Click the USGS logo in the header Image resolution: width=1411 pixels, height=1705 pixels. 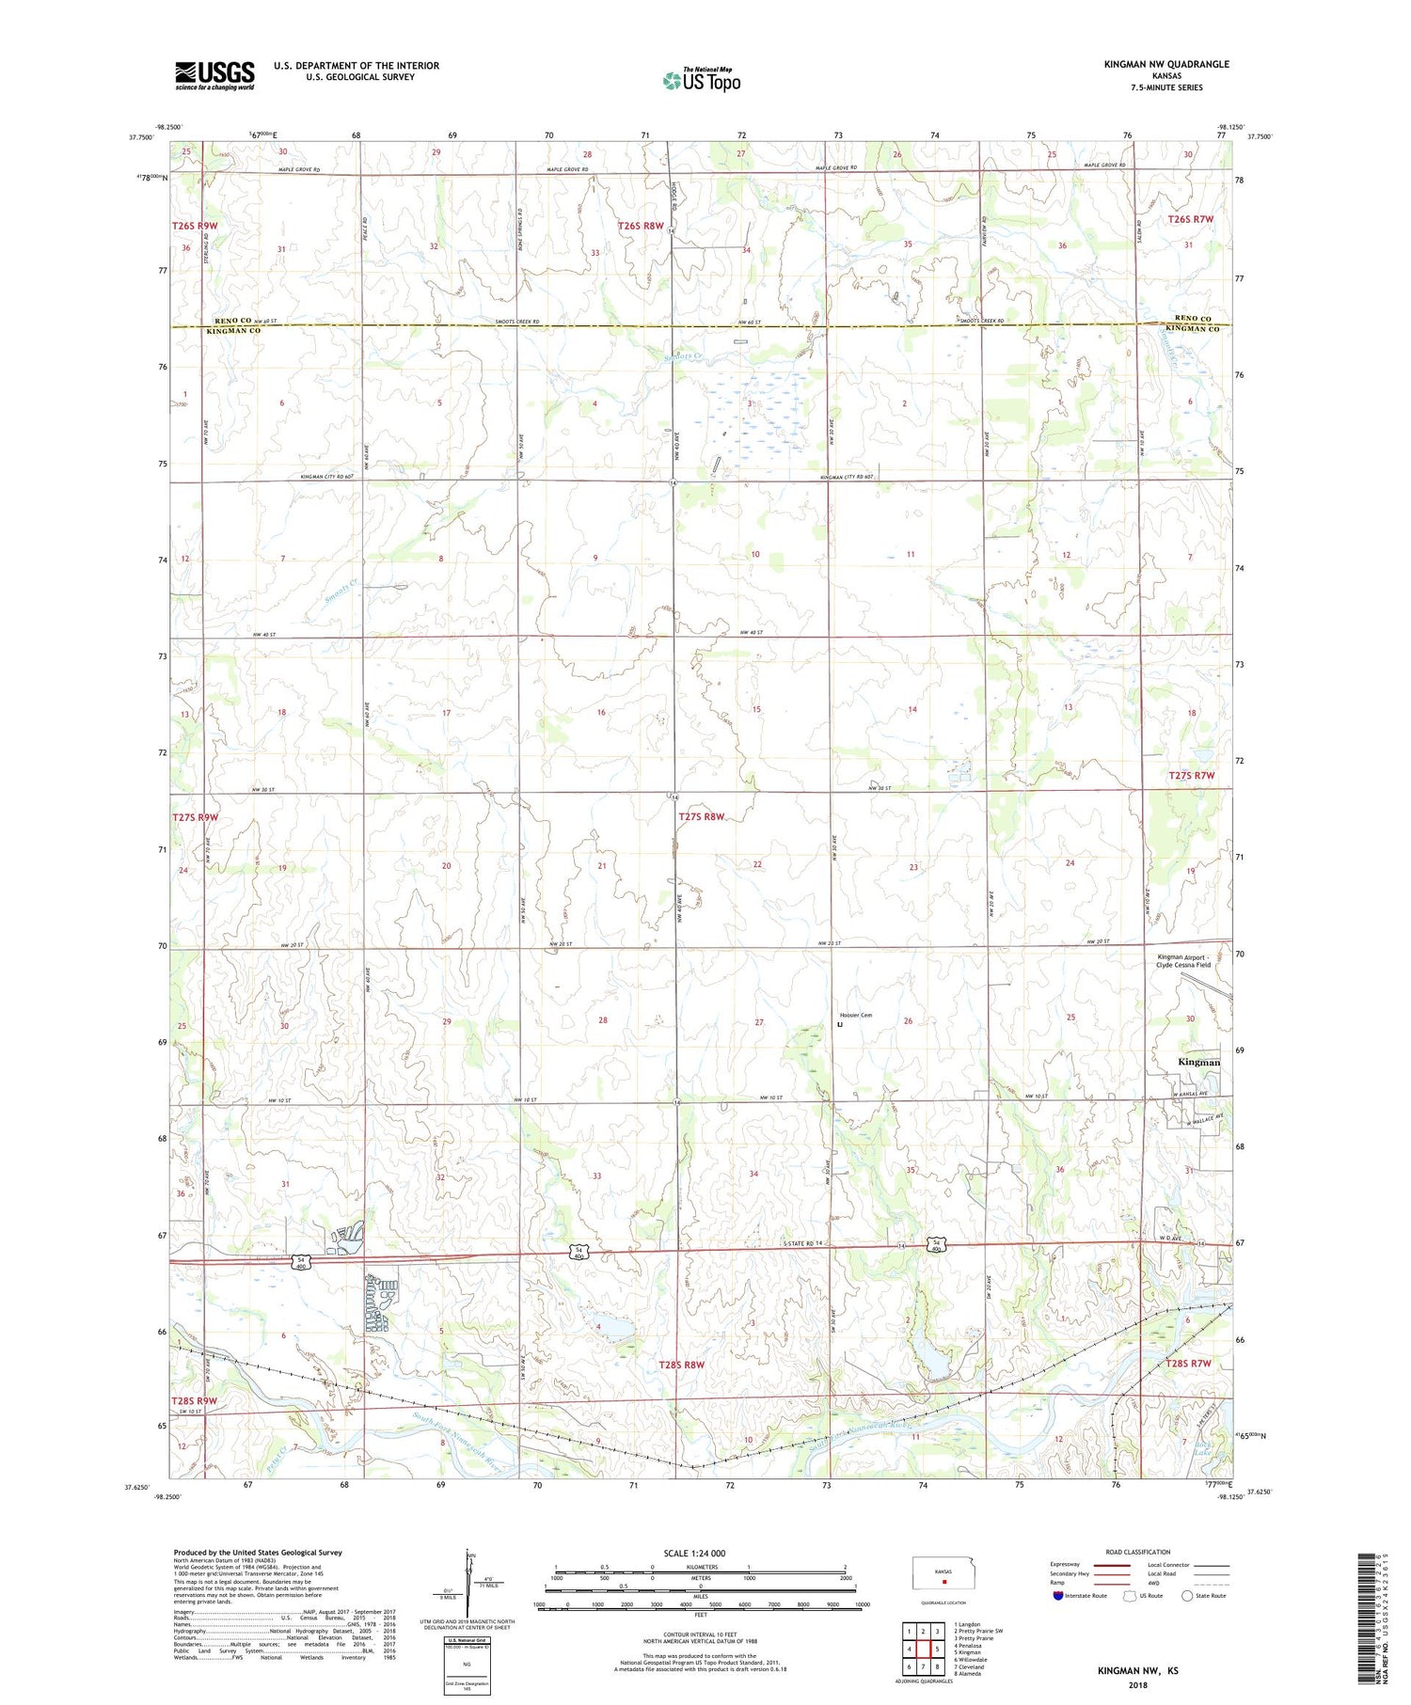click(x=214, y=75)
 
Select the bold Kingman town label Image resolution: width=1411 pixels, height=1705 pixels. click(x=1199, y=1062)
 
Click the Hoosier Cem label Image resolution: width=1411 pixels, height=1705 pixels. click(x=856, y=1015)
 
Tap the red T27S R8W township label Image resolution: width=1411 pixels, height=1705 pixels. click(x=702, y=816)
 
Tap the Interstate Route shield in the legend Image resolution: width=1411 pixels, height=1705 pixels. click(x=1058, y=1595)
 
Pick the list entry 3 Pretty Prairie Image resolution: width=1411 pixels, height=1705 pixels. click(x=975, y=1637)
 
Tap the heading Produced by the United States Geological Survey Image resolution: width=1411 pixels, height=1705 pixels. click(x=258, y=1553)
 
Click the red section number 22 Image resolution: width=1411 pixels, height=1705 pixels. click(x=757, y=863)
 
